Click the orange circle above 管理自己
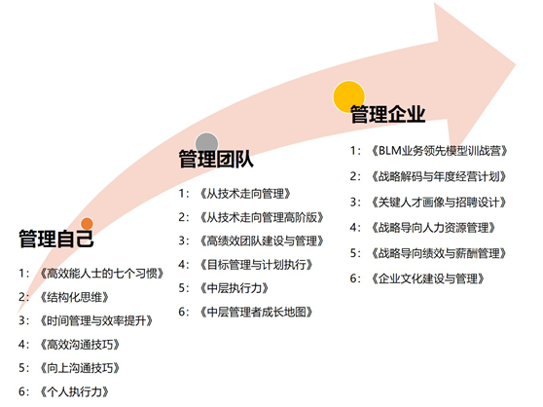coord(87,224)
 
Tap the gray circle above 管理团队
coord(206,144)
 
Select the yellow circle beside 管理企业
coord(348,96)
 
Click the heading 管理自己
coord(56,239)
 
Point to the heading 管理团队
coord(216,159)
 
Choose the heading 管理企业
coord(388,114)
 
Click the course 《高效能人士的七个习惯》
coord(101,274)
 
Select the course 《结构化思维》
coord(74,297)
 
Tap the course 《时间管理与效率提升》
coord(96,320)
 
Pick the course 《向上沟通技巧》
coord(80,368)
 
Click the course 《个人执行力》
coord(74,391)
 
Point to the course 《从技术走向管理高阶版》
coord(262,217)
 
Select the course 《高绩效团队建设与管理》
coord(262,240)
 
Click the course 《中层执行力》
coord(235,288)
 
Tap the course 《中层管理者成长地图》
coord(256,313)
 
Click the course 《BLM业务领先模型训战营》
coord(439,151)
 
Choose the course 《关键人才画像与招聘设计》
coord(439,202)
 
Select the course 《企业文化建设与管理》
coord(427,278)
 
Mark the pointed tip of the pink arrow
coord(516,64)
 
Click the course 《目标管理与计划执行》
coord(256,265)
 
